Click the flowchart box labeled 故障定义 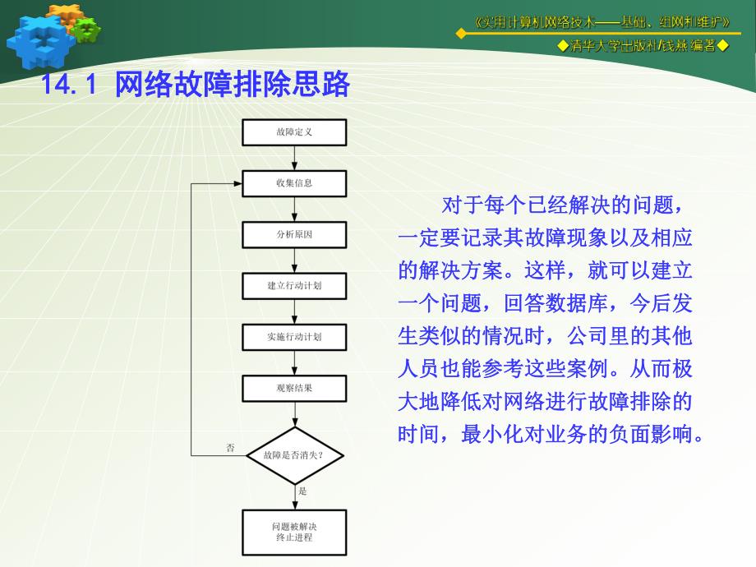pos(294,132)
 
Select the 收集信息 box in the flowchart pos(294,183)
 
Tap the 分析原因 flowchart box pos(294,235)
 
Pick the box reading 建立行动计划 pos(294,286)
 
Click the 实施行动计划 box pos(294,337)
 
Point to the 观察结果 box pos(294,388)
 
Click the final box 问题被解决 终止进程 pos(294,532)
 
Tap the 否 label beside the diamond pos(231,448)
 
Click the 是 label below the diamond pos(302,491)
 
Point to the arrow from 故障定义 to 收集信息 pos(294,158)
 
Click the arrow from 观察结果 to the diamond pos(294,414)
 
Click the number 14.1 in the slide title pos(69,85)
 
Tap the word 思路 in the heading pos(325,85)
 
